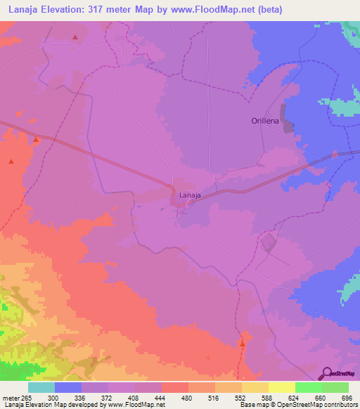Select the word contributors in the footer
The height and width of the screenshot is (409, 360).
(339, 405)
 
